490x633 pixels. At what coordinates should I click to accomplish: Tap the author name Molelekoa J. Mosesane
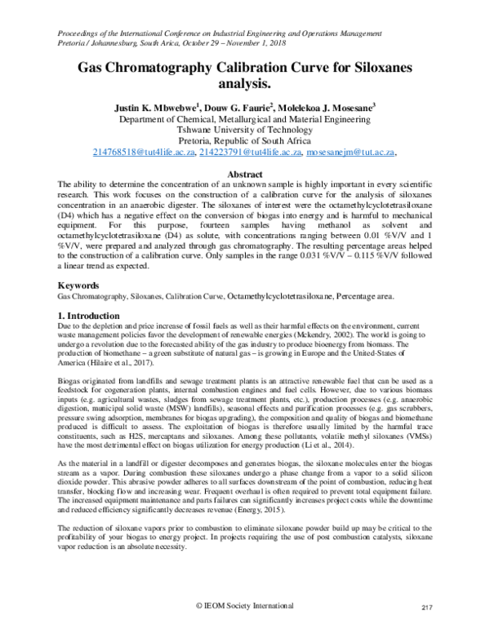[333, 106]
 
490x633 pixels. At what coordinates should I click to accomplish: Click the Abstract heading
[245, 175]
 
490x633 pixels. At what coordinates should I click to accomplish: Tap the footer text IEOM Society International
[249, 607]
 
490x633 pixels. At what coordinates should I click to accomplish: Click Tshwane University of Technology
[245, 129]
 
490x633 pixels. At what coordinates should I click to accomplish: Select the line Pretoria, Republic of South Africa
[245, 140]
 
